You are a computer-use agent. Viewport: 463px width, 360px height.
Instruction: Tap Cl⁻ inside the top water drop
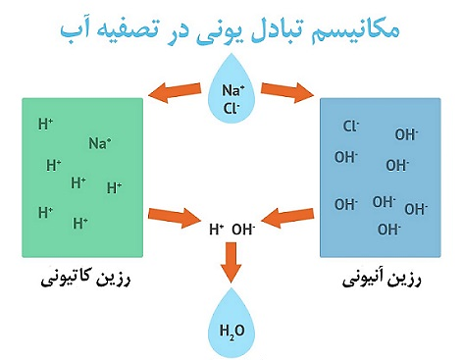[231, 109]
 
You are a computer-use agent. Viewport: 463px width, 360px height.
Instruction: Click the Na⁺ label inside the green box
[99, 143]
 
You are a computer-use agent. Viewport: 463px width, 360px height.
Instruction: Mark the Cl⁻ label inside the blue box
[351, 126]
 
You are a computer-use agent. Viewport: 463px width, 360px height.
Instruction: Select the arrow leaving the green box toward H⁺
[174, 213]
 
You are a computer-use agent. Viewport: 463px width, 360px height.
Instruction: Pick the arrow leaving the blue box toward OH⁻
[291, 213]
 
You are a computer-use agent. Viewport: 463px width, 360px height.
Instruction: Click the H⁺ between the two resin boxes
[217, 230]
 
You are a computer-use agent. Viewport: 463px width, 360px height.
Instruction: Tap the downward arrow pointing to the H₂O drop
[231, 262]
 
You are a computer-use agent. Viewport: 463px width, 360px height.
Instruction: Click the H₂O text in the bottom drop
[231, 330]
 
